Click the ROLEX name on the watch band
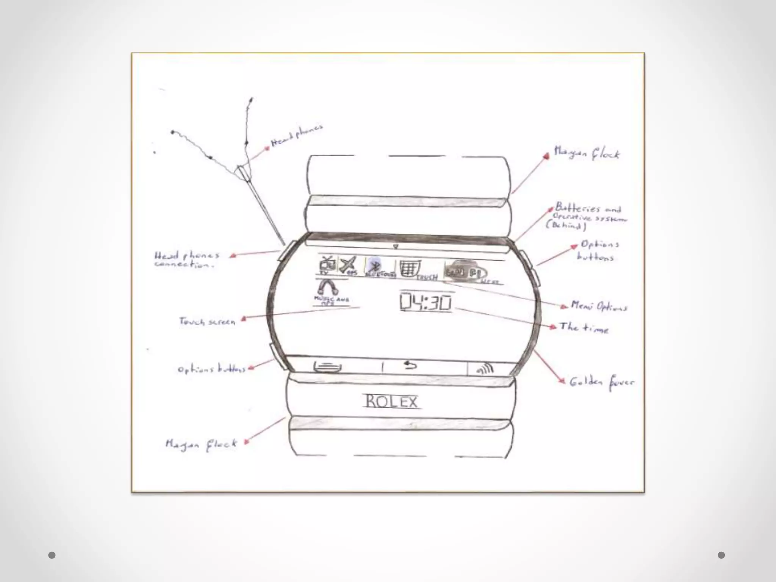tap(391, 402)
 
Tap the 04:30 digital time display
tap(426, 302)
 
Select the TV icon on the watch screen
tap(327, 264)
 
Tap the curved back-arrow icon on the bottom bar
tap(410, 365)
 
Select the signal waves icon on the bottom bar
tap(485, 368)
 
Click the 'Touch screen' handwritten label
tap(207, 322)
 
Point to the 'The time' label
tap(584, 328)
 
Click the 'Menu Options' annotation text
tap(599, 306)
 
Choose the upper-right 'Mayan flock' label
tap(587, 153)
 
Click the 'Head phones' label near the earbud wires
tap(297, 136)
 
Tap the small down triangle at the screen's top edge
tap(396, 247)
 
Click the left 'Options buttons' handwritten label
tap(211, 369)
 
